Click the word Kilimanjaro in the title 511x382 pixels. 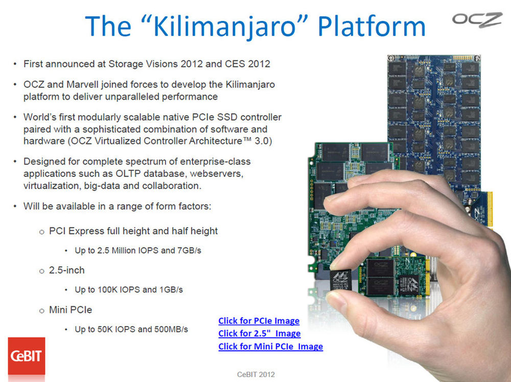pyautogui.click(x=225, y=27)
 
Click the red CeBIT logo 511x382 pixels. pyautogui.click(x=27, y=356)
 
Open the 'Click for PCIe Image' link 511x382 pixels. pyautogui.click(x=259, y=321)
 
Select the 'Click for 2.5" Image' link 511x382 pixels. pyautogui.click(x=260, y=333)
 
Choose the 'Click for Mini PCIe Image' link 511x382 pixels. pyautogui.click(x=270, y=346)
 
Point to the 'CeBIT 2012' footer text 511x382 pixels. pyautogui.click(x=256, y=374)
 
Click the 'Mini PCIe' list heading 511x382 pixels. pyautogui.click(x=71, y=309)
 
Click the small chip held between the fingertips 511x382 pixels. pyautogui.click(x=341, y=280)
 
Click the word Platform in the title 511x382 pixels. pyautogui.click(x=371, y=27)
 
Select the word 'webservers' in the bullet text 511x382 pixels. pyautogui.click(x=216, y=173)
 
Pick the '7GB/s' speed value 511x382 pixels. pyautogui.click(x=190, y=251)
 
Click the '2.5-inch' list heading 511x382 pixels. pyautogui.click(x=67, y=270)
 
